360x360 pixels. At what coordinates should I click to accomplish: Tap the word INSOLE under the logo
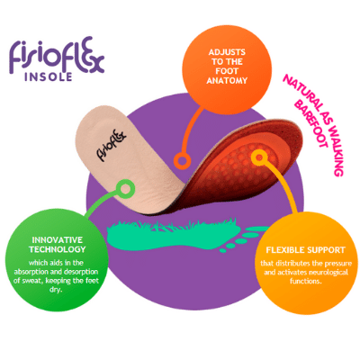[49, 76]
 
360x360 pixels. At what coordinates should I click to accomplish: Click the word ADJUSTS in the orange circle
[227, 52]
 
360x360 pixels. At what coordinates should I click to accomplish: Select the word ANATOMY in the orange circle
[227, 80]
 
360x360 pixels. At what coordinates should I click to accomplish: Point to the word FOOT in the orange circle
[227, 71]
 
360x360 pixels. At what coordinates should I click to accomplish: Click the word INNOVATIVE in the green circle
[57, 240]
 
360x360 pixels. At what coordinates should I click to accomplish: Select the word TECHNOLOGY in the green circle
[58, 249]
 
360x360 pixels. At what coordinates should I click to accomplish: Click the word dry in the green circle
[56, 291]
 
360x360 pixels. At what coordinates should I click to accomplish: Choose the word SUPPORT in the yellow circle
[326, 250]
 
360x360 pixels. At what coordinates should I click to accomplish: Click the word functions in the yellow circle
[305, 282]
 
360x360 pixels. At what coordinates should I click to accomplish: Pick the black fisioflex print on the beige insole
[111, 143]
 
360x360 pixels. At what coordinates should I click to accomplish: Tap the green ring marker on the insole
[125, 189]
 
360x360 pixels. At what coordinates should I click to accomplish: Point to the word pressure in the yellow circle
[338, 264]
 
